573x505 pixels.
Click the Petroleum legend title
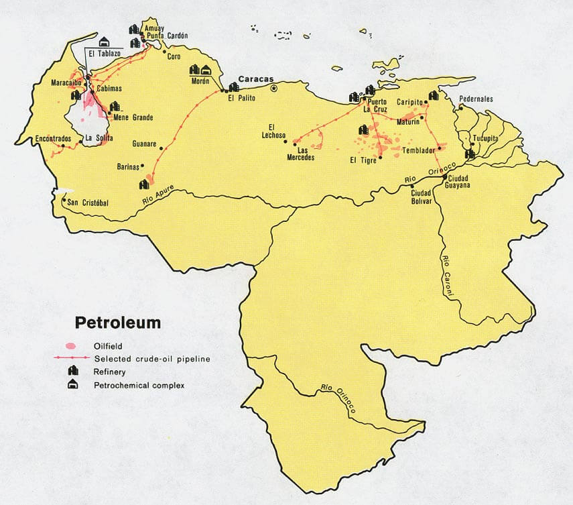click(117, 323)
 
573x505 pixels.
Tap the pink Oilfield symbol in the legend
click(70, 346)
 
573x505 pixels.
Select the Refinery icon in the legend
click(70, 372)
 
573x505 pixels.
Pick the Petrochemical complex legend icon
click(70, 385)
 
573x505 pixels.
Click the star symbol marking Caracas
click(273, 88)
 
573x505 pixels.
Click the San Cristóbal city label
click(88, 202)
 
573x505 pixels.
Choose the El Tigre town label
click(364, 160)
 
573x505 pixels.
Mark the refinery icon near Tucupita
click(470, 153)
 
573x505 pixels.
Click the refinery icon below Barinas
click(144, 183)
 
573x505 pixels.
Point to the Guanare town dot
click(162, 148)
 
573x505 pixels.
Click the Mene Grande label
click(133, 117)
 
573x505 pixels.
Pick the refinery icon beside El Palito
click(233, 87)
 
